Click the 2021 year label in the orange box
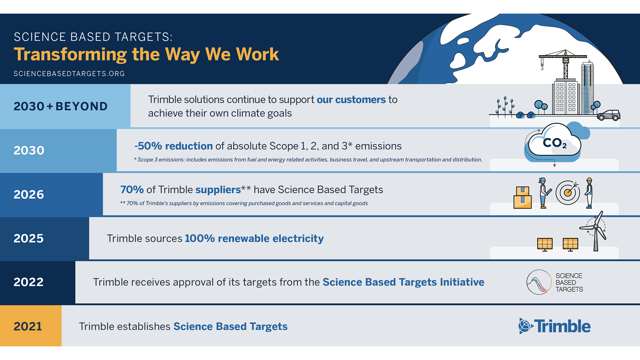point(28,326)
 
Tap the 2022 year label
point(29,282)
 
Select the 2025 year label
point(29,238)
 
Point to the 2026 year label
point(29,194)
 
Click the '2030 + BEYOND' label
point(60,106)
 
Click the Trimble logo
point(555,326)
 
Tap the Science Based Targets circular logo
point(539,282)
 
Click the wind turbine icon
point(595,231)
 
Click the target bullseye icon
point(568,193)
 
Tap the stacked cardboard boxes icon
point(523,198)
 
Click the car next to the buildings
point(609,115)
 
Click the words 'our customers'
point(351,100)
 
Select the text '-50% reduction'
point(174,146)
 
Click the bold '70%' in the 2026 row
point(132,190)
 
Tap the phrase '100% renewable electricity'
point(254,239)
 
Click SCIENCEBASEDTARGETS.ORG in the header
point(69,74)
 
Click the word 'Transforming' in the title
point(70,54)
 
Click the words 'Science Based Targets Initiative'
point(403,282)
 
